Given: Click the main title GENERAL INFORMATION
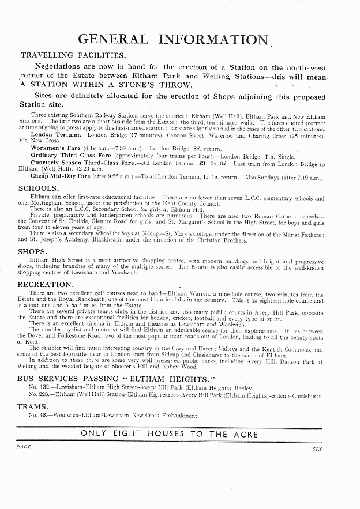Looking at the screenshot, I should (174, 39).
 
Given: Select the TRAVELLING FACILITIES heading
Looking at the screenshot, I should (73, 55).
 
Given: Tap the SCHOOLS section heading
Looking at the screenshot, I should (39, 188).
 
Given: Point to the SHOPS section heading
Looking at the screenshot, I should (33, 252).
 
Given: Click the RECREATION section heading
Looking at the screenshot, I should (45, 285).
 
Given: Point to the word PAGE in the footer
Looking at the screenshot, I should (24, 447).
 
